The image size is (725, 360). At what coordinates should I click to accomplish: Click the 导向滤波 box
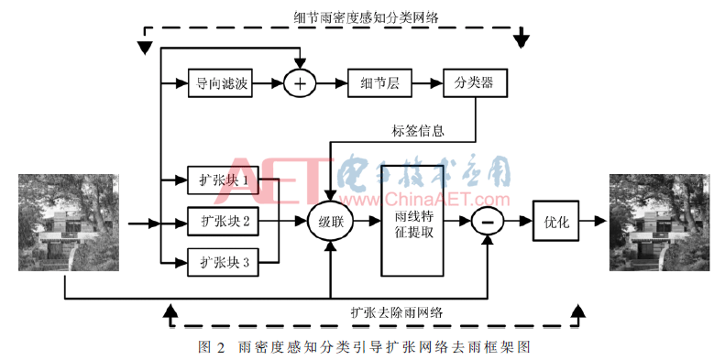click(220, 83)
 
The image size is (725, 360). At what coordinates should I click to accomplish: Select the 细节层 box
click(379, 83)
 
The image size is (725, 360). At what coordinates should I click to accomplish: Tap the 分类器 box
click(475, 83)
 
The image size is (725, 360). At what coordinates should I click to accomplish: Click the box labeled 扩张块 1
click(223, 180)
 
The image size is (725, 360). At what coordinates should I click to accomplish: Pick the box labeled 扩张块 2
click(223, 222)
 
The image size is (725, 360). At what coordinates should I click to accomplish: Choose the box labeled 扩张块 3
click(223, 262)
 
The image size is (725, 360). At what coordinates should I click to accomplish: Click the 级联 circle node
click(330, 222)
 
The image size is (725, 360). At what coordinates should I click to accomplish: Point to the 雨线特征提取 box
click(412, 221)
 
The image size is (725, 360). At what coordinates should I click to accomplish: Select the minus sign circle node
click(487, 222)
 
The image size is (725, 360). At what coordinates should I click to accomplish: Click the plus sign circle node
click(300, 83)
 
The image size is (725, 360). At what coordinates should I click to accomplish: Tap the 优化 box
click(555, 221)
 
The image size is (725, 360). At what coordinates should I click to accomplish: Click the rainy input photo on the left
click(69, 223)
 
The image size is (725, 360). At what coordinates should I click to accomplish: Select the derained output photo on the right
click(659, 223)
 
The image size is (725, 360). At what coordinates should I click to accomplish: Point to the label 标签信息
click(418, 131)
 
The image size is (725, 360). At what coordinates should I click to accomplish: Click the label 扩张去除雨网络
click(396, 313)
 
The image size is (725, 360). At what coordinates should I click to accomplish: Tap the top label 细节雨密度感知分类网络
click(366, 18)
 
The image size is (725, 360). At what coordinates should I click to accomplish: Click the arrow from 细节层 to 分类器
click(427, 83)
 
